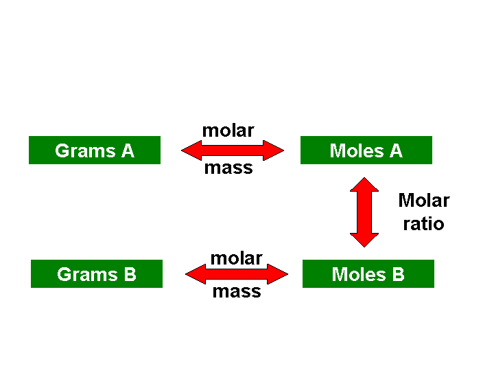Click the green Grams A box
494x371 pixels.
coord(95,150)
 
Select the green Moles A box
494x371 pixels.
coord(366,150)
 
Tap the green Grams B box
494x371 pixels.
coord(97,274)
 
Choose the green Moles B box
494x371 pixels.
coord(368,274)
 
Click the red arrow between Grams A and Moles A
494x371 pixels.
coord(233,150)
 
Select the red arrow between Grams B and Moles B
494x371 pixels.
coord(237,274)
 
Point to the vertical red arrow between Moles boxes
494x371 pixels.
coord(364,212)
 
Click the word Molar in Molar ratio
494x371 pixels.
coord(424,201)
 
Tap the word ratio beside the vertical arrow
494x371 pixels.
coord(424,224)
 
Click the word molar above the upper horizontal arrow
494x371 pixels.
coord(228,131)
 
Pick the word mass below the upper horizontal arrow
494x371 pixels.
coord(228,168)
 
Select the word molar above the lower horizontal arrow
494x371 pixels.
coord(236,258)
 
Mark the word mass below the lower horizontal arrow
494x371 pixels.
coord(237,291)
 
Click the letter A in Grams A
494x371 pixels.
coord(128,150)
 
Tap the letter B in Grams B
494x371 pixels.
coord(130,274)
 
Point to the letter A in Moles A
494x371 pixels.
coord(396,150)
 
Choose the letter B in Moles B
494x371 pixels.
coord(398,274)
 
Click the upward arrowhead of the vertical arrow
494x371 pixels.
coord(364,185)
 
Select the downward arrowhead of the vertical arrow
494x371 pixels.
coord(364,240)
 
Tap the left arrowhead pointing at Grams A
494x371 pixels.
coord(191,150)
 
